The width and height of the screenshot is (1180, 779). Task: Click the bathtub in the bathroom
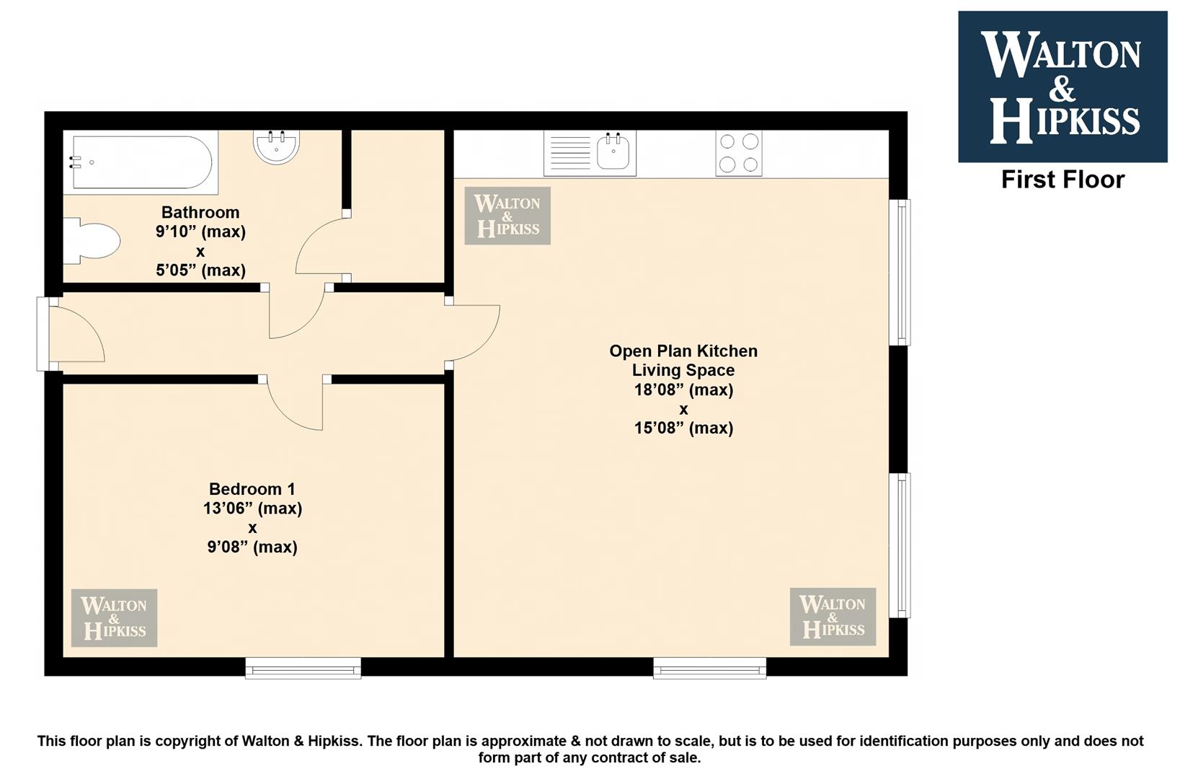point(141,162)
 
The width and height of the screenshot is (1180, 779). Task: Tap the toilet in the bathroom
point(92,241)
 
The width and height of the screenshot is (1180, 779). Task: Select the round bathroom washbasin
point(277,146)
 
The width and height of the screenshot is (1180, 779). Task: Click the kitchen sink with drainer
point(590,153)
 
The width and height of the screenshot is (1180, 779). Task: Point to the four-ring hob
point(739,153)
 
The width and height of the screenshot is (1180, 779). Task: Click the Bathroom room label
point(200,212)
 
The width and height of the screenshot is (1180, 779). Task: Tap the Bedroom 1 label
point(252,488)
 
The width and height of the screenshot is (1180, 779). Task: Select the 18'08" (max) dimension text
point(683,389)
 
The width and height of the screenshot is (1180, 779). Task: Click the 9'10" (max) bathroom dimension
point(200,232)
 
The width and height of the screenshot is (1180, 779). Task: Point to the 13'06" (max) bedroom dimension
point(252,508)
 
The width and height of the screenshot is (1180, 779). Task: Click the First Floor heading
point(1063,180)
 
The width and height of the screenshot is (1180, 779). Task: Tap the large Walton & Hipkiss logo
point(1063,87)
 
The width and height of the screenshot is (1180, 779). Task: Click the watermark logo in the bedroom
point(115,617)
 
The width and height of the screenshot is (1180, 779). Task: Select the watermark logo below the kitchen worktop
point(507,216)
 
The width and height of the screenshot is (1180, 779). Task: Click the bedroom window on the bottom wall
point(303,668)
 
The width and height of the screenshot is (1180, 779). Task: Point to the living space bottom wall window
point(709,668)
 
